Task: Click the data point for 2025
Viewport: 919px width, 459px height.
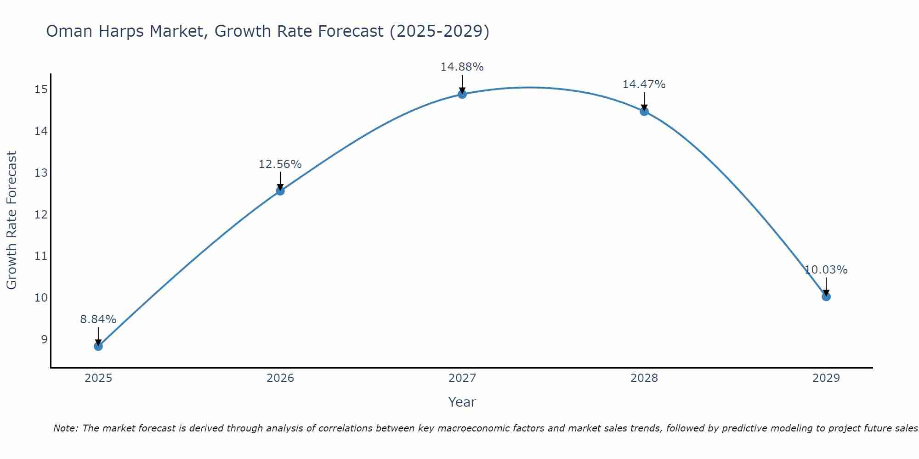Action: pos(98,346)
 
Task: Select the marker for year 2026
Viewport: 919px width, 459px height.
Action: pos(280,191)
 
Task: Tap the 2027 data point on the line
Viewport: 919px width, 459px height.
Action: pos(462,94)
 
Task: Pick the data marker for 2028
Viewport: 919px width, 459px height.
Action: pos(644,111)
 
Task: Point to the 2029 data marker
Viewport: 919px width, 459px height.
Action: pos(826,297)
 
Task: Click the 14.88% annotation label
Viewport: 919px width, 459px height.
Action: pos(462,67)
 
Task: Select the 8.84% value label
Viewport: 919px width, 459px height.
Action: pos(98,319)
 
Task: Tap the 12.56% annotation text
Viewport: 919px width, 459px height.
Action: pos(280,164)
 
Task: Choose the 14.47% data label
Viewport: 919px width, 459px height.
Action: pos(644,84)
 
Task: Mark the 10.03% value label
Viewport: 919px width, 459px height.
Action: pos(826,270)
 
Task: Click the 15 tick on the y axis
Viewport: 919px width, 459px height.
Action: pos(41,90)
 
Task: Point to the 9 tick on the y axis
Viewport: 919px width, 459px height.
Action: pos(44,340)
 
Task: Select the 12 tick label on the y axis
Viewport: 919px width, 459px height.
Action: pos(41,215)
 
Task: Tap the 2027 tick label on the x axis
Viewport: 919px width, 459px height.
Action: pos(462,378)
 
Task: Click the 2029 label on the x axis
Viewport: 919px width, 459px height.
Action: pos(826,378)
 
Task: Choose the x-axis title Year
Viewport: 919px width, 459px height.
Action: pos(462,402)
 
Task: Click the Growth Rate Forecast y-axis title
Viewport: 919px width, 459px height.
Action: pos(11,220)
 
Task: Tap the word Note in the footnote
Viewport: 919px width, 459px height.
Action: pos(65,428)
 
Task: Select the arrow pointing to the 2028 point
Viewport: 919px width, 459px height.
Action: pos(644,101)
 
